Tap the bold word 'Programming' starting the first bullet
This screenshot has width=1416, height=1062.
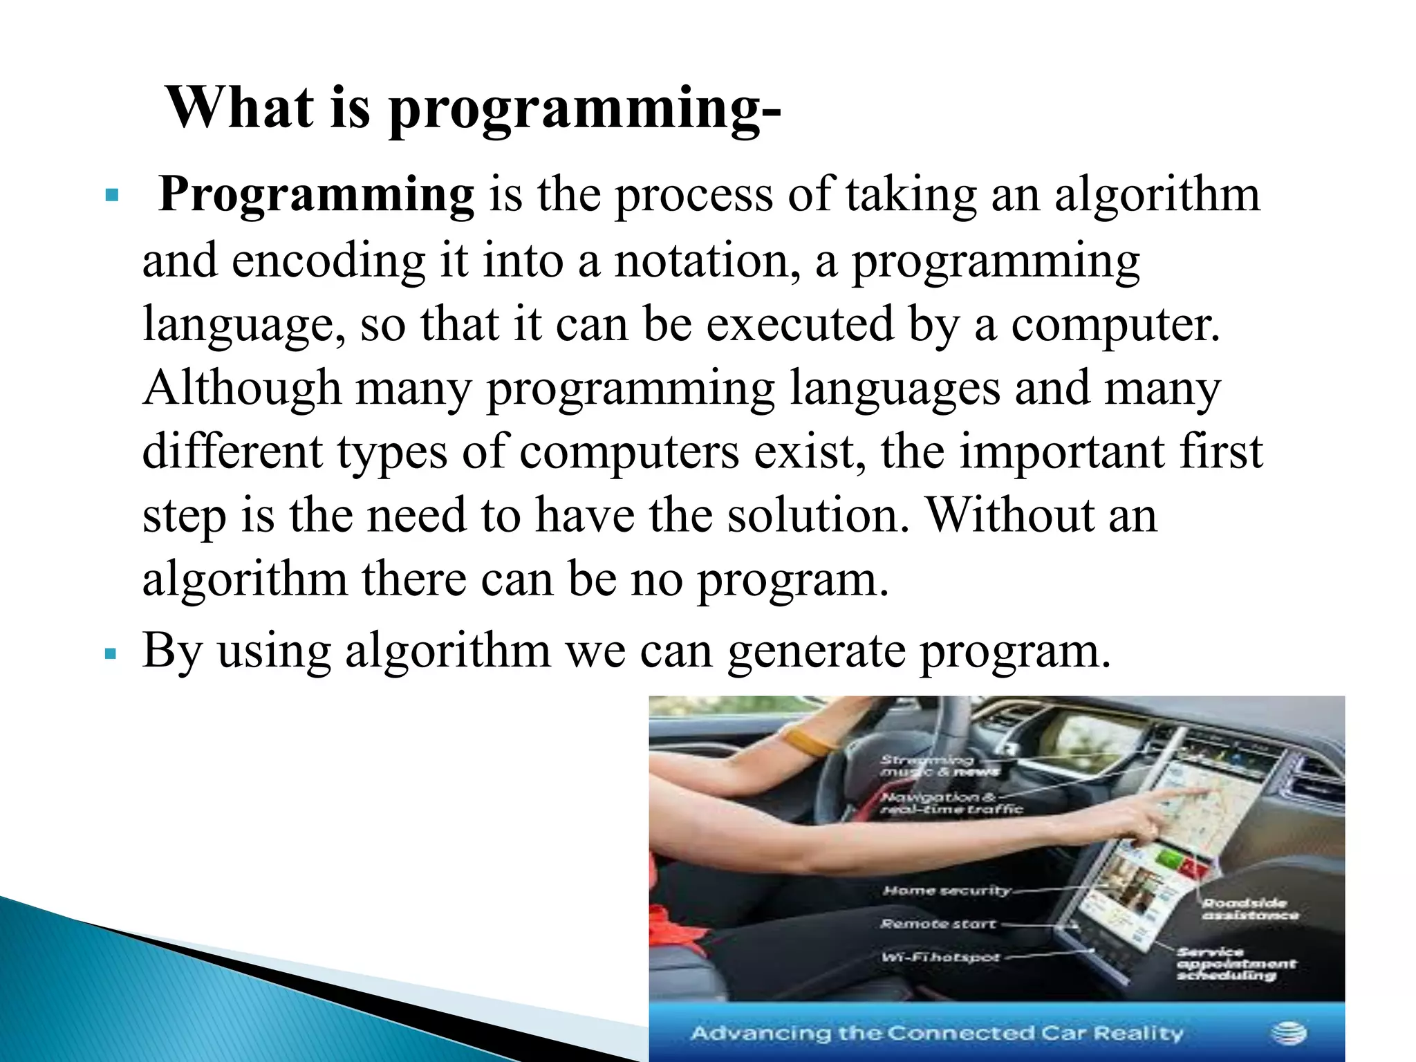click(x=317, y=196)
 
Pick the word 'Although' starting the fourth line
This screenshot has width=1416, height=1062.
click(x=241, y=388)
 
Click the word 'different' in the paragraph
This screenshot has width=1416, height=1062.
click(x=232, y=451)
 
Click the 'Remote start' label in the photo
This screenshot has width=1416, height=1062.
click(x=938, y=924)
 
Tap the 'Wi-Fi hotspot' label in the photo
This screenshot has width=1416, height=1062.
click(x=940, y=958)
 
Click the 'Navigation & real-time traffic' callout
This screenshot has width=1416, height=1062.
click(x=951, y=803)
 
